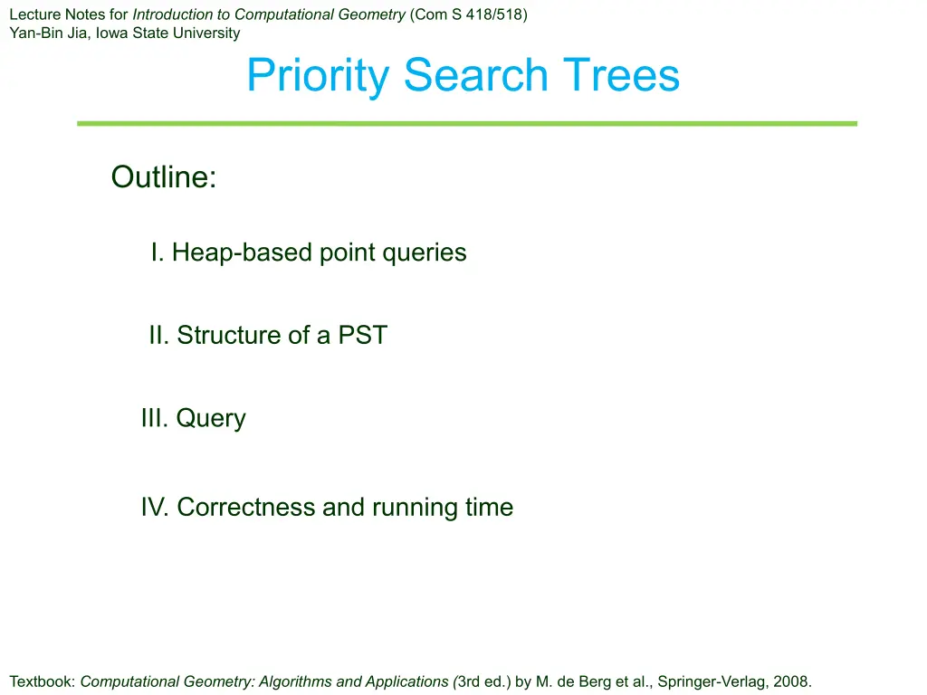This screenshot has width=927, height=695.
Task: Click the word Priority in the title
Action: (x=318, y=76)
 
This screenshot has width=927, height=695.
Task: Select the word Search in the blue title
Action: (x=476, y=74)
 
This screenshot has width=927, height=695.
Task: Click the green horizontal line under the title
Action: (x=467, y=123)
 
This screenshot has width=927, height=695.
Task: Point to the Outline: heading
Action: (x=164, y=176)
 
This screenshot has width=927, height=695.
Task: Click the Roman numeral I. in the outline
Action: (x=158, y=252)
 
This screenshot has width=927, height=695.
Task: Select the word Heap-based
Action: (x=242, y=253)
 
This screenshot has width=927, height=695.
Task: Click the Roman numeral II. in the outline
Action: (x=159, y=335)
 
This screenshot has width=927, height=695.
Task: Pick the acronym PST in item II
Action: (x=362, y=335)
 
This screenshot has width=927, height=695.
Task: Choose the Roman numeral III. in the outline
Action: (x=155, y=418)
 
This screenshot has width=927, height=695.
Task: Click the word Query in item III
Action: (x=211, y=419)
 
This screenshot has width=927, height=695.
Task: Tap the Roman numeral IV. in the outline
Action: (x=155, y=507)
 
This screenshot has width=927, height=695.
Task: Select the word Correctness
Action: (x=246, y=507)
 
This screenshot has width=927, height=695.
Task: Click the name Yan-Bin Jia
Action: (x=48, y=33)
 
